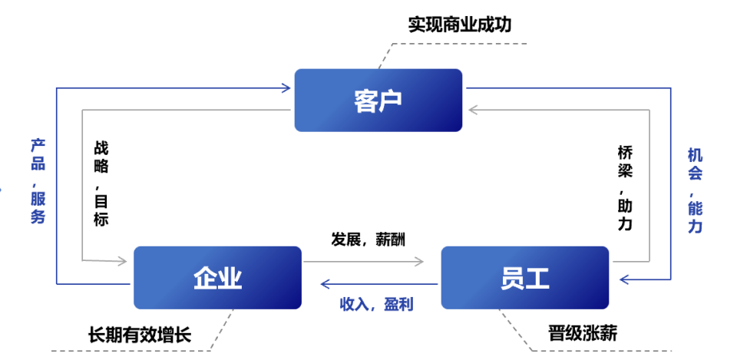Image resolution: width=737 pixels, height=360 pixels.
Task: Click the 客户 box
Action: (378, 100)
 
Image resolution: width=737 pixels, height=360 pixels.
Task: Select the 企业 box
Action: (217, 277)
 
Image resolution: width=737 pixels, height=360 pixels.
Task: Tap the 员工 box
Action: (524, 277)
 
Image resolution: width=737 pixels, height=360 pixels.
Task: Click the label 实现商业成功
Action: (460, 25)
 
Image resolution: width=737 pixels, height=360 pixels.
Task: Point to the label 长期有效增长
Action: (139, 334)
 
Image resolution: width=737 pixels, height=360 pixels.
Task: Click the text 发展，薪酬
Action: (368, 239)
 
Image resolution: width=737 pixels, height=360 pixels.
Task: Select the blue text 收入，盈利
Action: (376, 304)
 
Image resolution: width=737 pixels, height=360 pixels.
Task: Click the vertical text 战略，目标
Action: (101, 183)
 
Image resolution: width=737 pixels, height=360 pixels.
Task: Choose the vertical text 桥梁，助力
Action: (626, 188)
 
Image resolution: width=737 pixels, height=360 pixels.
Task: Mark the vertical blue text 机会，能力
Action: (695, 191)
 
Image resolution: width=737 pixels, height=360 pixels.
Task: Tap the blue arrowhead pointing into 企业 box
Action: (325, 284)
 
